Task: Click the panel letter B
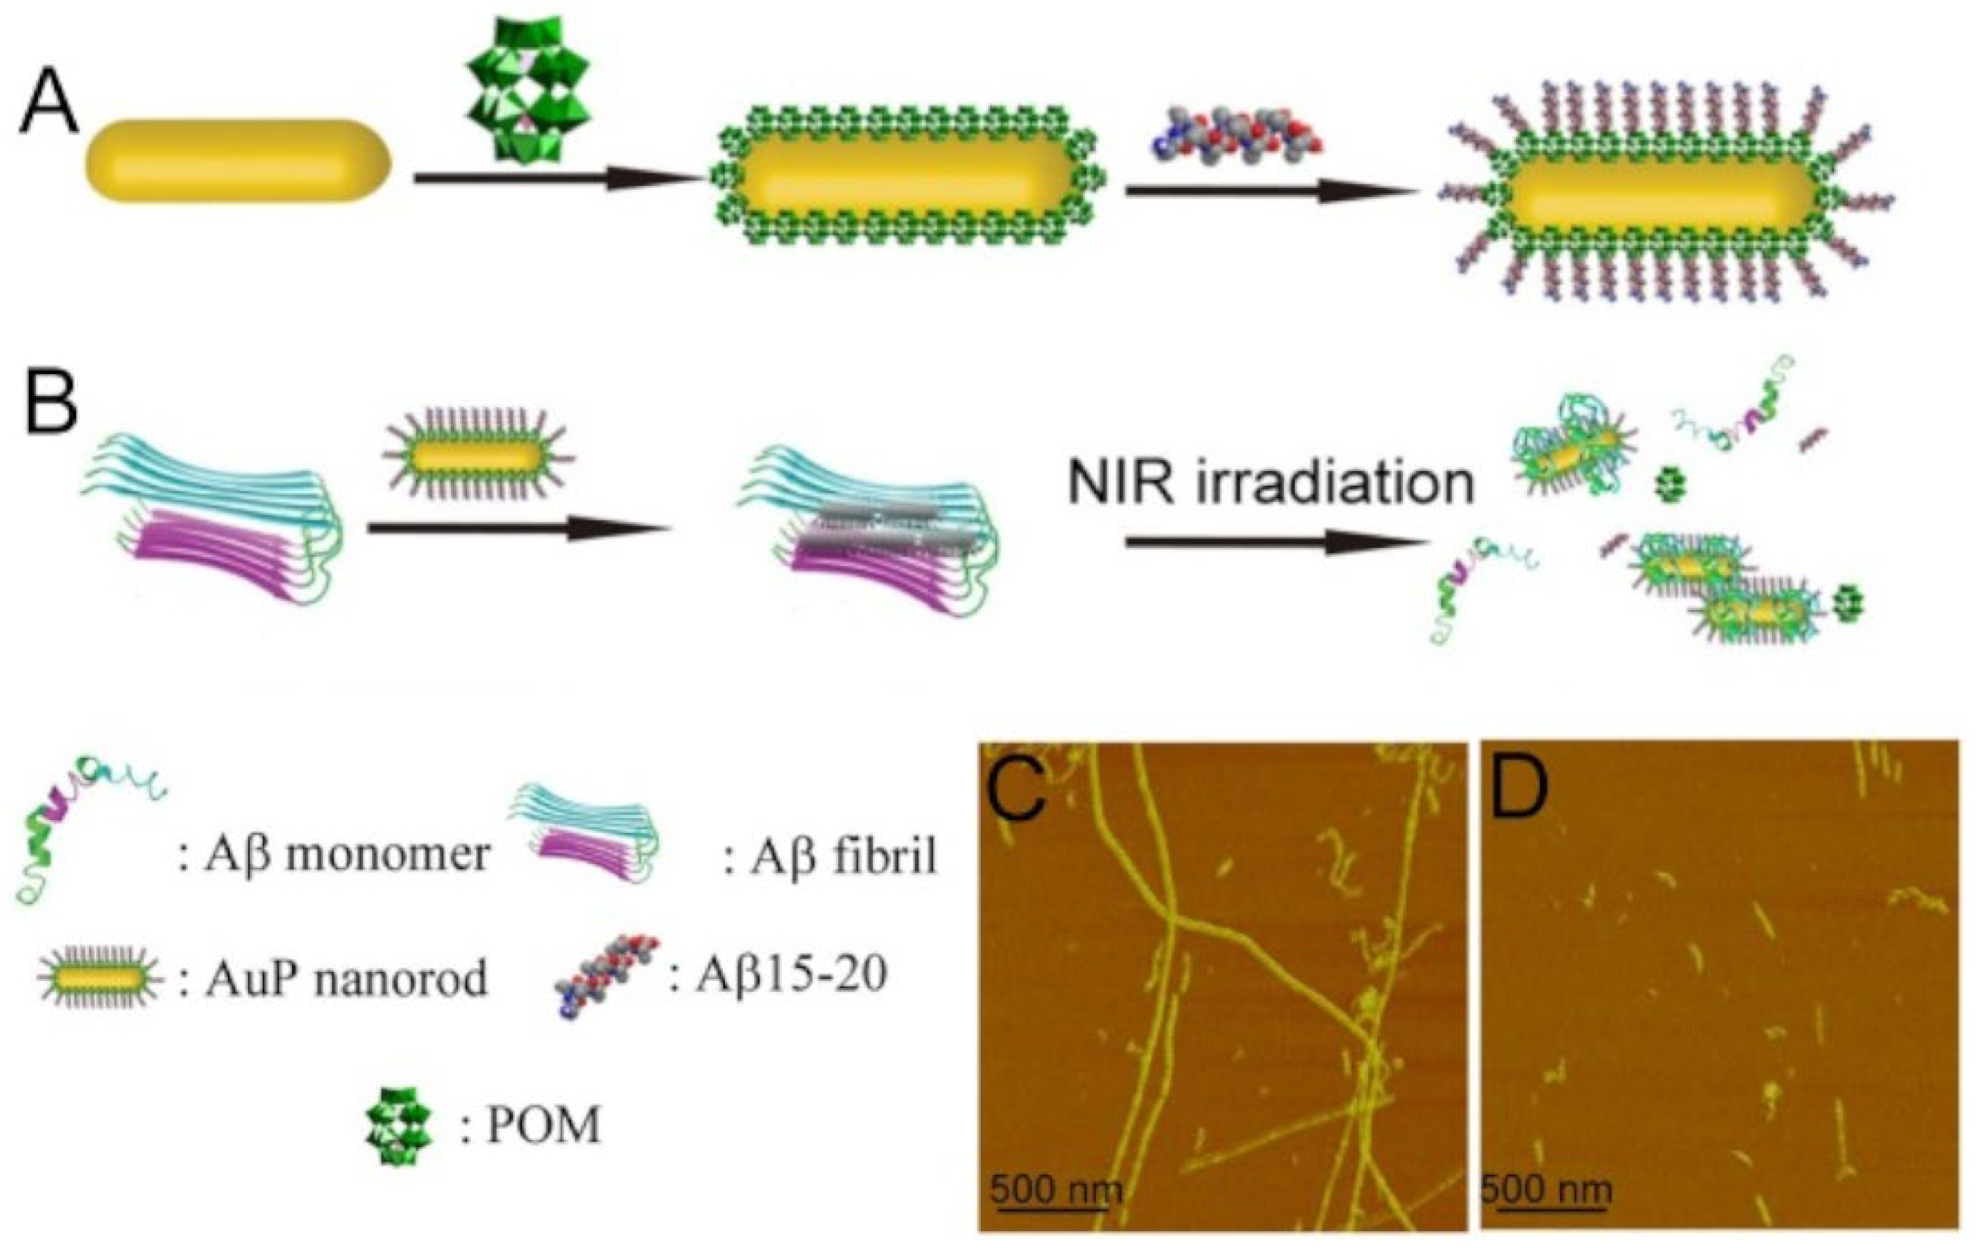(x=51, y=404)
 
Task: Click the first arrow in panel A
(x=558, y=177)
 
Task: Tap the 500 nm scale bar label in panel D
(x=1546, y=1189)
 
